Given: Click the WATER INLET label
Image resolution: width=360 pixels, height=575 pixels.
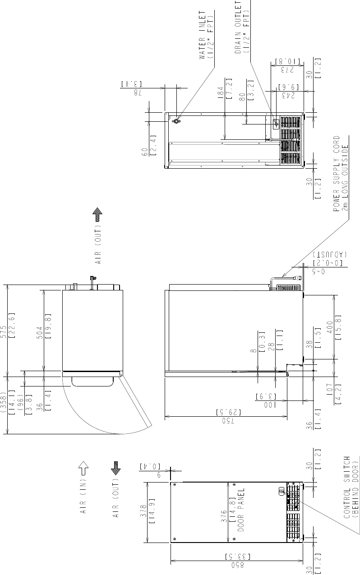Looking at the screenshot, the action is (203, 35).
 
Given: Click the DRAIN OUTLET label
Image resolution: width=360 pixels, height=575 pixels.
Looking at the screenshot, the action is (238, 27).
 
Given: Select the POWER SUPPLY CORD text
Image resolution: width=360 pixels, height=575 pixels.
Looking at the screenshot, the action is (337, 174).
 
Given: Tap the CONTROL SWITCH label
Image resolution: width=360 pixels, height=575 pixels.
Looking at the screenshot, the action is (346, 487).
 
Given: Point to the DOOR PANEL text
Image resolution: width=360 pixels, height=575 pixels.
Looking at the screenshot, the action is (241, 510).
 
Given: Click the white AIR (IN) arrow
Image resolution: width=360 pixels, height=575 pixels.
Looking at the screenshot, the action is (83, 468).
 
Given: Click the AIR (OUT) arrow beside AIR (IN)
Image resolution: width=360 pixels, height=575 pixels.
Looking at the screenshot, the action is (116, 468).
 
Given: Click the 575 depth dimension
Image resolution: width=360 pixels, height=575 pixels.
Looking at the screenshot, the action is (3, 331).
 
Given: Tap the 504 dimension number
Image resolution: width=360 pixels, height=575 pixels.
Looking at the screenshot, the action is (40, 333).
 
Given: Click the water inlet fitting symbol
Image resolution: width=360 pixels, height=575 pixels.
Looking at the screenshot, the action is (176, 121).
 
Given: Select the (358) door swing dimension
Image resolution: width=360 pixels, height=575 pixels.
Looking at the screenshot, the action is (3, 402).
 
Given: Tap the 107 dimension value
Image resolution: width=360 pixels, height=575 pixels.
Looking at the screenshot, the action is (330, 390).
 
